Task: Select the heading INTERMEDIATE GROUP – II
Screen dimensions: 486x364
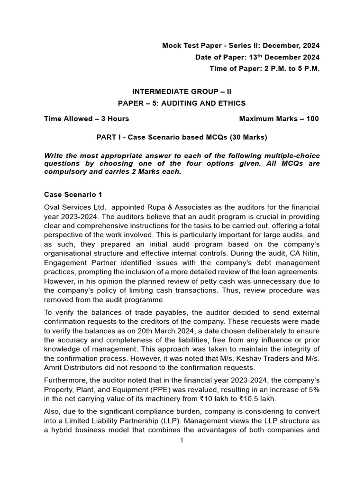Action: pos(182,92)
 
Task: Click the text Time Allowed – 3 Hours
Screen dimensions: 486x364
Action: pos(86,119)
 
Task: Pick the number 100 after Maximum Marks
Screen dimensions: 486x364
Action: pos(312,119)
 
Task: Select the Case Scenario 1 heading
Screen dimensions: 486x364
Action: pos(73,195)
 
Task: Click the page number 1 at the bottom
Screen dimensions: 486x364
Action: pos(182,441)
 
